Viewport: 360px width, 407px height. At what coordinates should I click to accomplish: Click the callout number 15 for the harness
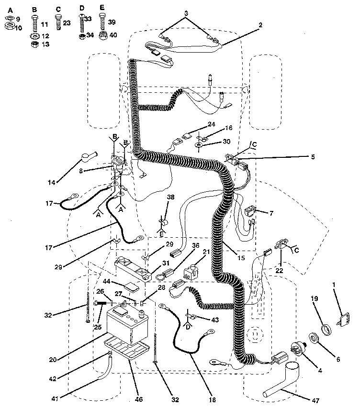(240, 258)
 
